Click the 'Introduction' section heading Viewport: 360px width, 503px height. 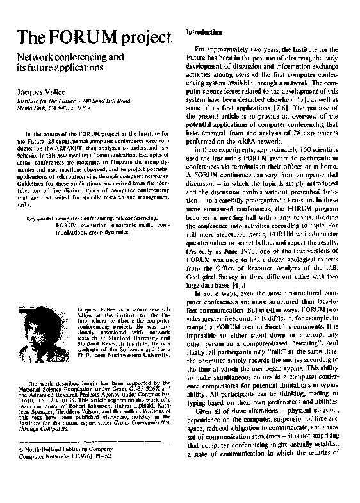click(204, 31)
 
